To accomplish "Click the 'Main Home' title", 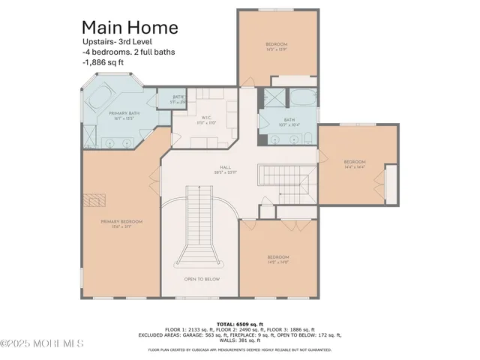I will (x=130, y=28).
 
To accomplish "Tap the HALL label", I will (x=224, y=169).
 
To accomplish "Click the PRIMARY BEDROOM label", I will (x=121, y=223).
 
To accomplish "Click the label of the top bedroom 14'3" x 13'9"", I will (x=277, y=47).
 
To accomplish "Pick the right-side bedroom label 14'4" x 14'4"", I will (x=355, y=164).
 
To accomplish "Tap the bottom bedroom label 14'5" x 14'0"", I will (x=278, y=260).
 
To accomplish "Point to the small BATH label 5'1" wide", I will (x=178, y=99).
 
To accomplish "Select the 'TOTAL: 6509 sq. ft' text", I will (x=240, y=322).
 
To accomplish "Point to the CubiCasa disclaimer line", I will (x=240, y=349).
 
